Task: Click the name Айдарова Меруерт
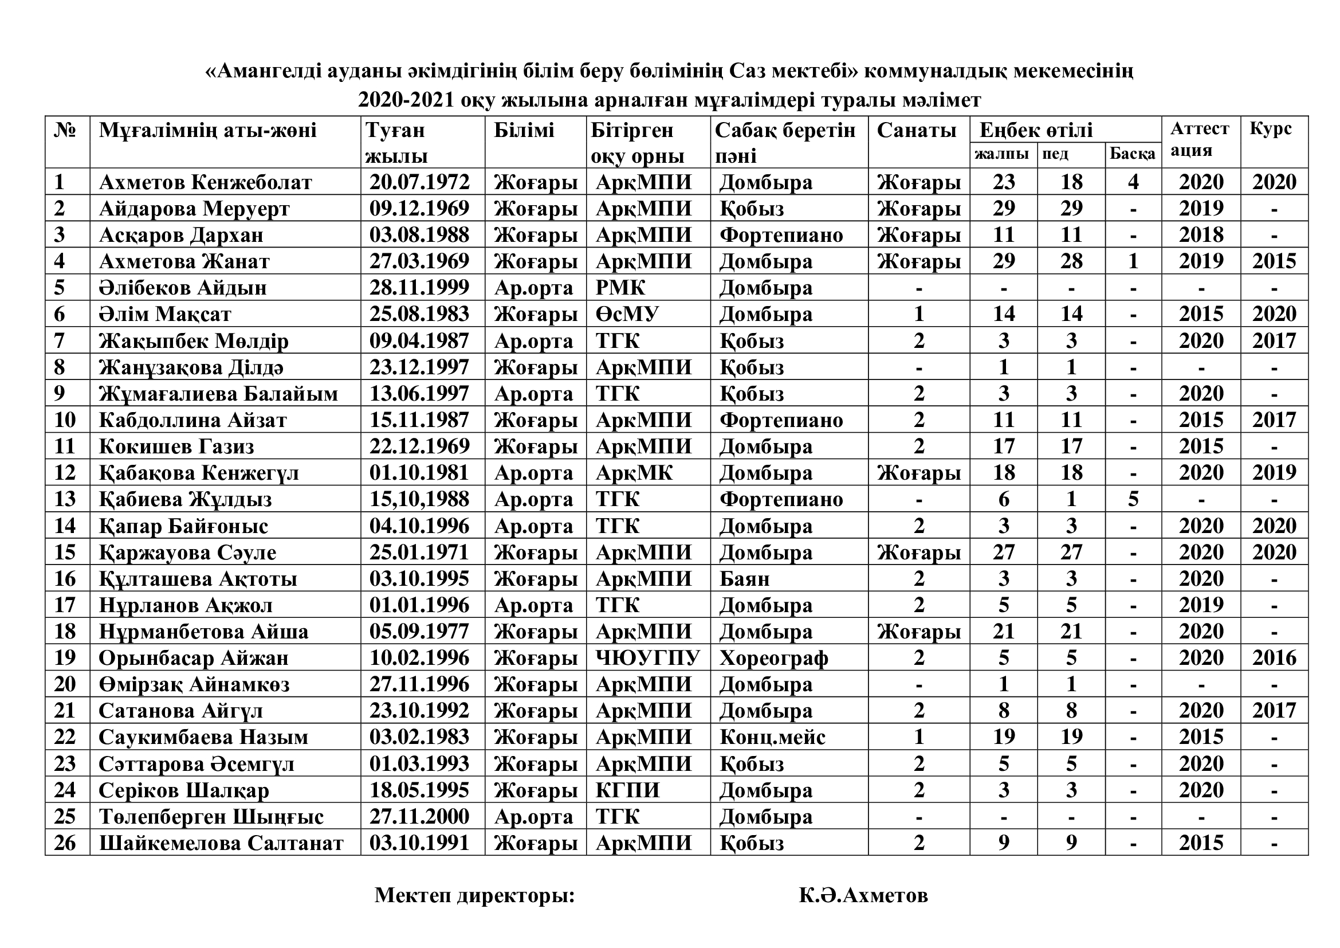(x=194, y=209)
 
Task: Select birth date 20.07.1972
(x=419, y=182)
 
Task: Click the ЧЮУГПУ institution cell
(x=647, y=658)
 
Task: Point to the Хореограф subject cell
(x=773, y=658)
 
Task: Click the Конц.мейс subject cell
(x=772, y=737)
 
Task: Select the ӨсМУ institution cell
(x=627, y=314)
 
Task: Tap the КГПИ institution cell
(x=627, y=790)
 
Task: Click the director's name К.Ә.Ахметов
(x=863, y=895)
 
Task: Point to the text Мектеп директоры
(x=474, y=895)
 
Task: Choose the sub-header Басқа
(x=1132, y=154)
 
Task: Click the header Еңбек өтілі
(x=1036, y=130)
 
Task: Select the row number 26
(x=65, y=843)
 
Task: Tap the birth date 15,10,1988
(x=419, y=499)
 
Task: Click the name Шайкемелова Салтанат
(x=221, y=843)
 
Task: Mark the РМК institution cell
(x=620, y=288)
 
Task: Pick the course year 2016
(x=1274, y=658)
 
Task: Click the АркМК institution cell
(x=634, y=473)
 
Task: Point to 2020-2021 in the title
(x=406, y=100)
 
